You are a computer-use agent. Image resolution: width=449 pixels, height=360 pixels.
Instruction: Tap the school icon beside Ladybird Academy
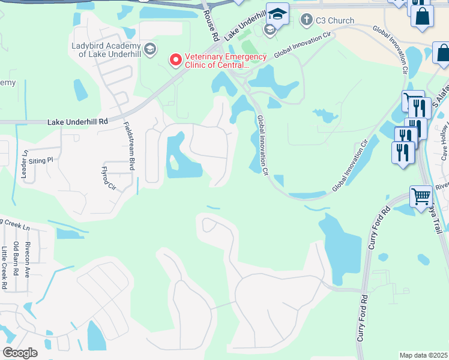pos(150,48)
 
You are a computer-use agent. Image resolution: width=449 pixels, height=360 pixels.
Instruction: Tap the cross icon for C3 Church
pos(307,20)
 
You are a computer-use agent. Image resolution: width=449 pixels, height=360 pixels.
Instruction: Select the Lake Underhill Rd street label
pos(77,121)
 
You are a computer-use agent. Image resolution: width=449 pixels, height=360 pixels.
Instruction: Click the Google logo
pos(19,353)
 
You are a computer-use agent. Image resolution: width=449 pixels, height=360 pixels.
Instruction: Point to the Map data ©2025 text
pos(424,355)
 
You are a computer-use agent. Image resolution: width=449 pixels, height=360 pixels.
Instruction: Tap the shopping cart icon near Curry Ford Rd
pos(421,196)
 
